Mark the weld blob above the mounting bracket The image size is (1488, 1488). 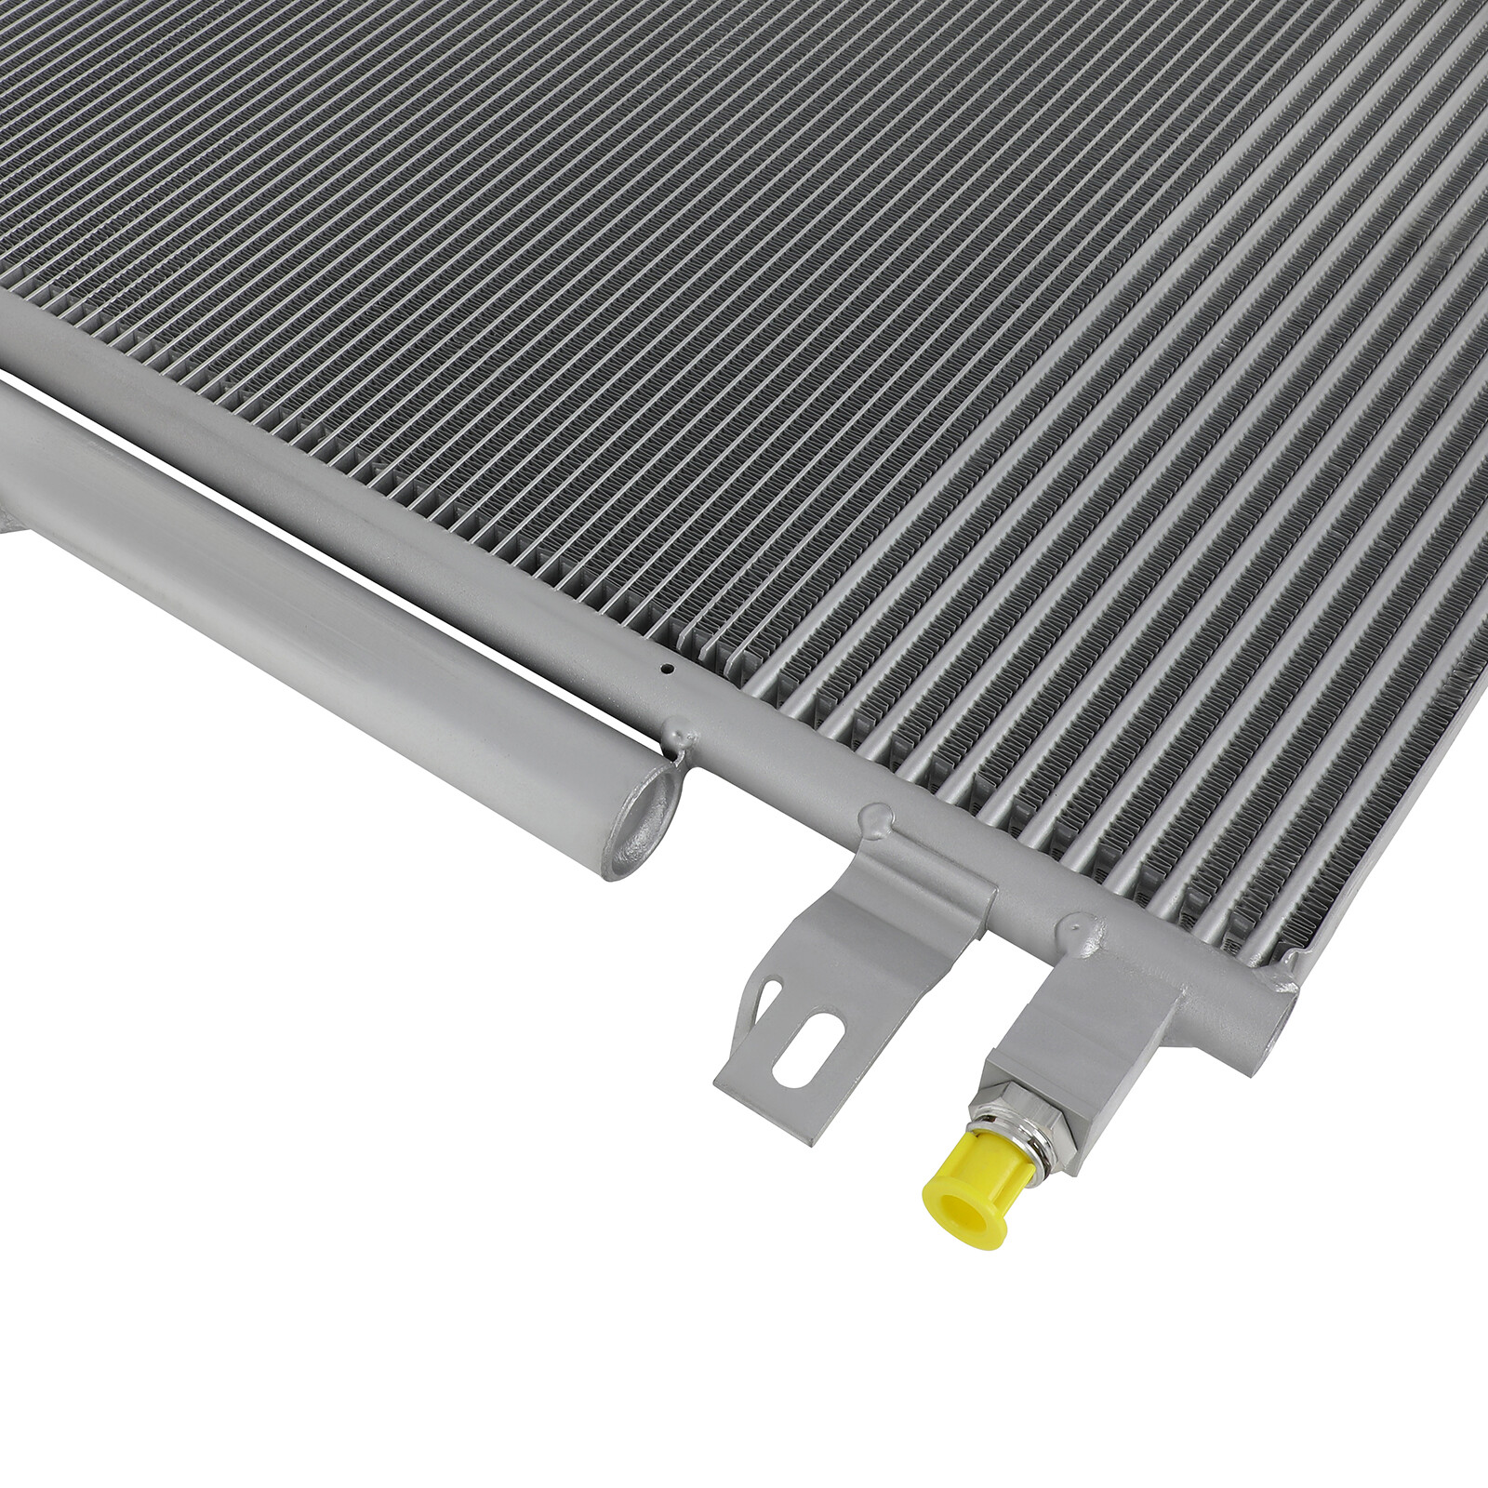pos(876,817)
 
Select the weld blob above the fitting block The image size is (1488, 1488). pos(1077,924)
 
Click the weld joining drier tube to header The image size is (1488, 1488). pos(679,735)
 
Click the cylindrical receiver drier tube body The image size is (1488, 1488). pos(325,595)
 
